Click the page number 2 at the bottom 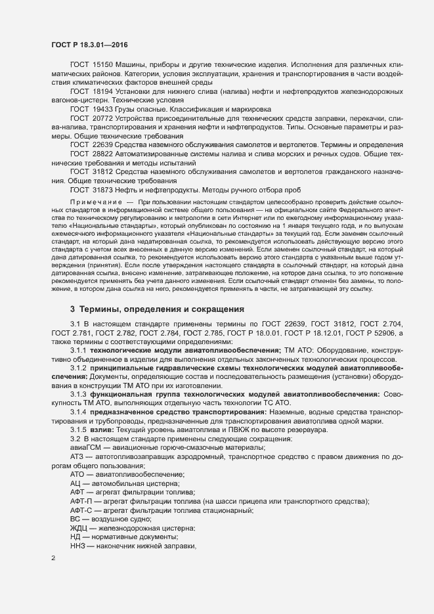tap(53, 559)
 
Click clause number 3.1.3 tap(79, 394)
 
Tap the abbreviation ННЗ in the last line tap(78, 546)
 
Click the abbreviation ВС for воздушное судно tap(75, 519)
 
